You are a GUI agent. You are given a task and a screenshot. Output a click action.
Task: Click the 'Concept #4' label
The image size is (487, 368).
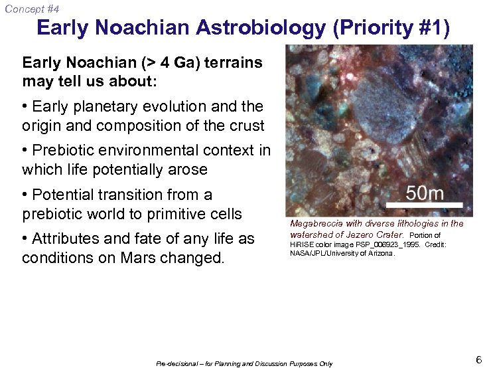[31, 9]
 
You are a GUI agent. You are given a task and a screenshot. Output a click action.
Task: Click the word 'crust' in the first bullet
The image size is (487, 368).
[242, 125]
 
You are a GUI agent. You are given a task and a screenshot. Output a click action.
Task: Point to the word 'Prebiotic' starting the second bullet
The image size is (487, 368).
[64, 151]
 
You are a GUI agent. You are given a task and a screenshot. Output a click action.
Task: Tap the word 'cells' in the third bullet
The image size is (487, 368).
[224, 214]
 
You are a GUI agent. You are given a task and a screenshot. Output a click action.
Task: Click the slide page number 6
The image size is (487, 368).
[478, 360]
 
